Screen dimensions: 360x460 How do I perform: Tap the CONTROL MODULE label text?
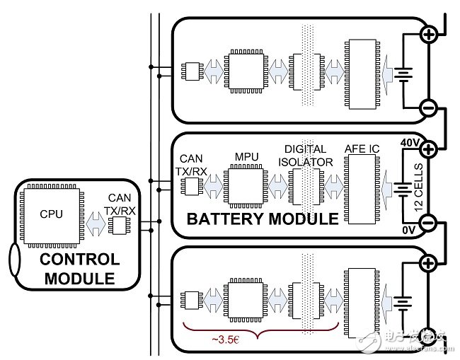point(79,269)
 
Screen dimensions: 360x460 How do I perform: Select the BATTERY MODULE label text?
point(261,219)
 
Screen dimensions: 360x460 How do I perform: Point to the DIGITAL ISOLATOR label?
point(305,155)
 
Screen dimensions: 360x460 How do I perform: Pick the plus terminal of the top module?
point(428,34)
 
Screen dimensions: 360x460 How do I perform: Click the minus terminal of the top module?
point(428,108)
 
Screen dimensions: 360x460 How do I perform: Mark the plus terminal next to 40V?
point(429,149)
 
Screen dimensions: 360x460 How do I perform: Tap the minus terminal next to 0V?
point(429,223)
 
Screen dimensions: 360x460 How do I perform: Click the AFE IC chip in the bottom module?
point(361,301)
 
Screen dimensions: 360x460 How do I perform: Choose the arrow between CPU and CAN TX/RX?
point(93,223)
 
